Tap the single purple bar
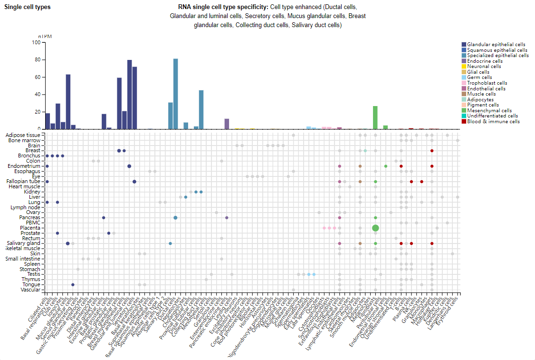227,124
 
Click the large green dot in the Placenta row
375,228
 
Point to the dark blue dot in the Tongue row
73,284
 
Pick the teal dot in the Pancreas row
175,217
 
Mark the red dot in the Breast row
432,151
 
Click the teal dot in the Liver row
186,197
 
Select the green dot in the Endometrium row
386,166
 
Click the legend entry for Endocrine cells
485,61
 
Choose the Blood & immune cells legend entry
493,121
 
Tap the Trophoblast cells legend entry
487,83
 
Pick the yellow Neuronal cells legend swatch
464,67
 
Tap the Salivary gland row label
23,243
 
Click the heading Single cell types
27,7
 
